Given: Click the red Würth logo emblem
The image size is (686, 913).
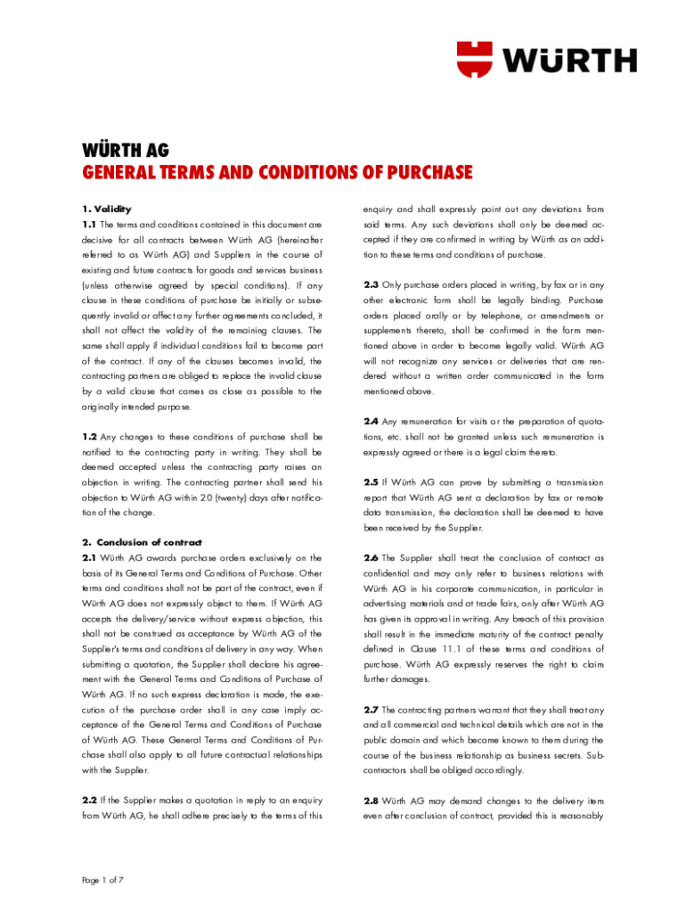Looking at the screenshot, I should pyautogui.click(x=478, y=59).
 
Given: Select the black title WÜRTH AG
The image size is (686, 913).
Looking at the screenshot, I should pyautogui.click(x=126, y=149).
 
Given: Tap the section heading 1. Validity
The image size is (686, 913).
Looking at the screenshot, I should pyautogui.click(x=106, y=209).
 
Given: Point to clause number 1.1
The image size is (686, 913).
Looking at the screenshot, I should pyautogui.click(x=89, y=224).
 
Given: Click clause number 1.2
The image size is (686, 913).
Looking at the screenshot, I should pyautogui.click(x=89, y=436).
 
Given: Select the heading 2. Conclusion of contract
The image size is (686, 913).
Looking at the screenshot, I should pyautogui.click(x=143, y=542).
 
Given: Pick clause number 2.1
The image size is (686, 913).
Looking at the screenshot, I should pyautogui.click(x=89, y=557).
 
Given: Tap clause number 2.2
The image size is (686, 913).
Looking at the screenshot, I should pyautogui.click(x=89, y=800).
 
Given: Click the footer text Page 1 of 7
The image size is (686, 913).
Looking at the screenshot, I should pyautogui.click(x=102, y=880).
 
